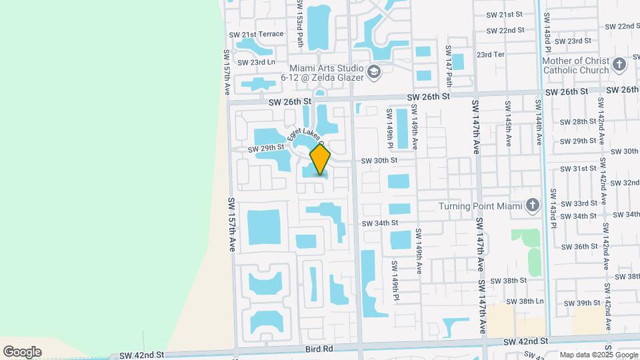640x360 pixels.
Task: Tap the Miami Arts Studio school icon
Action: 374,71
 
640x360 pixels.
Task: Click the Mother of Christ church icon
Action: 619,65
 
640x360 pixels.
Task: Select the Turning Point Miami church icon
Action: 532,205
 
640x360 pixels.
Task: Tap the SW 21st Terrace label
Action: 256,34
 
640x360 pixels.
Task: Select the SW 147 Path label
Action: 449,66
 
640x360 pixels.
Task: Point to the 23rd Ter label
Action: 490,55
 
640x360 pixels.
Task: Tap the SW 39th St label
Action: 582,303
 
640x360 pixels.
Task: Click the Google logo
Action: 22,351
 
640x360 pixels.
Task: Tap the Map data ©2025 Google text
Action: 598,355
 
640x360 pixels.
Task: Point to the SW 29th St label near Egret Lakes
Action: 266,147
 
